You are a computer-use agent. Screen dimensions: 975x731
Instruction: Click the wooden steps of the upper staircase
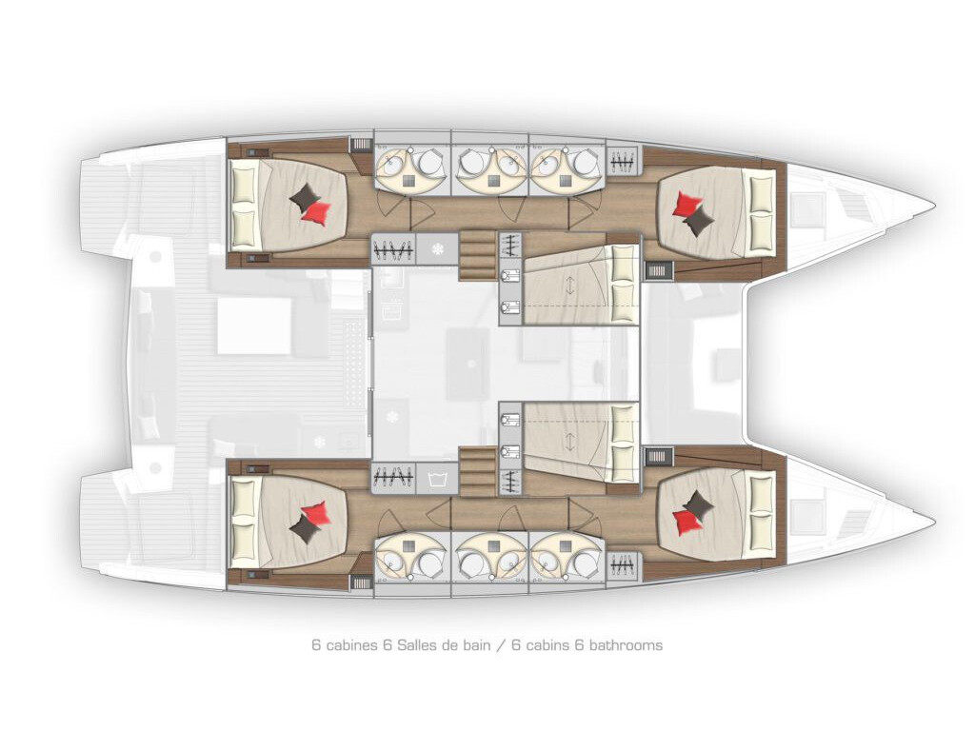click(478, 254)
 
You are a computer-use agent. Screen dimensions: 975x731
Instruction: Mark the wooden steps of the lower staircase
click(478, 472)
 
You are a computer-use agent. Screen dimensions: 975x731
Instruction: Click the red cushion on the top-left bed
click(316, 211)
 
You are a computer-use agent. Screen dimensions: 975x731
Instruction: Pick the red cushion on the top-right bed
click(689, 204)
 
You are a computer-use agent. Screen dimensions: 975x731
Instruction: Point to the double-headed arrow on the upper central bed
click(569, 286)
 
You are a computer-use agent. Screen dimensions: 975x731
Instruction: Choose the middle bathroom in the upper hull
click(489, 164)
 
